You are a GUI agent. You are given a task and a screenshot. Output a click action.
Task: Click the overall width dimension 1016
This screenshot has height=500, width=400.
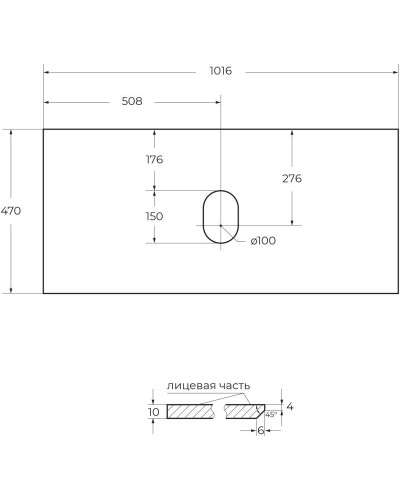[221, 71]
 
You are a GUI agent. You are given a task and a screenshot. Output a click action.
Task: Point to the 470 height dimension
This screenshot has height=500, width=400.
[11, 211]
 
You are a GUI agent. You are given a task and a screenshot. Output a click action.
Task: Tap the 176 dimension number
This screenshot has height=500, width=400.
[154, 159]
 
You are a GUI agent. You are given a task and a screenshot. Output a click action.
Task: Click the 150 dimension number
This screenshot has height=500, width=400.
[154, 215]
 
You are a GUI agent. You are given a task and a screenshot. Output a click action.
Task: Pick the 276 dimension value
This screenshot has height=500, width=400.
[292, 178]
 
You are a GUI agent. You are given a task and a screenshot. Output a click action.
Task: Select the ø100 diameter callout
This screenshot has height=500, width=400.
[263, 240]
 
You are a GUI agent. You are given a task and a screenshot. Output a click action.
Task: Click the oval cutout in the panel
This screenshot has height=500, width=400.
[221, 215]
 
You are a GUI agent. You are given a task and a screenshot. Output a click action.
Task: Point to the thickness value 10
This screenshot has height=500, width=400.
[153, 412]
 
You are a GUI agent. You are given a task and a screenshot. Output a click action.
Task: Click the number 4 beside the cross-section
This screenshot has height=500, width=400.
[290, 407]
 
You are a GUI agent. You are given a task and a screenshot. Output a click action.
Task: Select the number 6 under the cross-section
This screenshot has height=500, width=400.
[260, 430]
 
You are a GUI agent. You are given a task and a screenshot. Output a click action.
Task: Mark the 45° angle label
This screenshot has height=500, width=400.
[269, 415]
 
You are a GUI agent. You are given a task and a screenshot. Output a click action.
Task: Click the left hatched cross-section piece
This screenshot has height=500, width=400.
[193, 411]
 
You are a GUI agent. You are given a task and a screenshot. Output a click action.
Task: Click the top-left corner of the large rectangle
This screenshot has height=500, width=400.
[43, 129]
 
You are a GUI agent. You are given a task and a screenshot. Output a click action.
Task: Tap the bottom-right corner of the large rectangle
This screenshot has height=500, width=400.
[398, 294]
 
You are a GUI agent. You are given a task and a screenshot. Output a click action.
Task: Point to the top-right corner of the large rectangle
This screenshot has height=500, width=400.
[398, 129]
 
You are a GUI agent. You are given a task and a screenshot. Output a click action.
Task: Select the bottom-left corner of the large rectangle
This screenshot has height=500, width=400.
[43, 294]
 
